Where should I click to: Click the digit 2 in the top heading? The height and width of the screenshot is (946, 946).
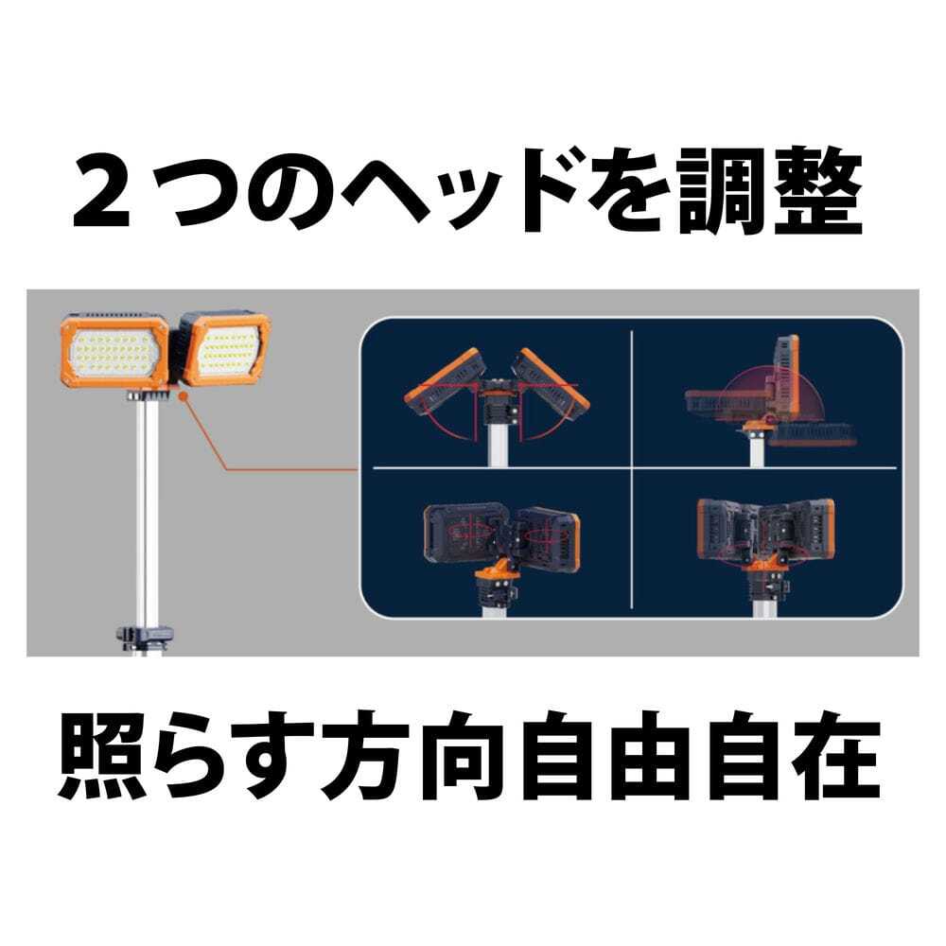(x=101, y=191)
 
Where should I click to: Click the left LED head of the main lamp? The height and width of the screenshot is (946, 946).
(x=114, y=351)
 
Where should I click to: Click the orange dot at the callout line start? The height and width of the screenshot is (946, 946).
(x=184, y=395)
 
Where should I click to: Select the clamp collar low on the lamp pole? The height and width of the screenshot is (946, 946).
(x=146, y=637)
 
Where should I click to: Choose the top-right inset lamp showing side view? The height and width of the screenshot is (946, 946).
(x=769, y=399)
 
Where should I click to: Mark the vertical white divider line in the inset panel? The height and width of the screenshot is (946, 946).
(x=632, y=469)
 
